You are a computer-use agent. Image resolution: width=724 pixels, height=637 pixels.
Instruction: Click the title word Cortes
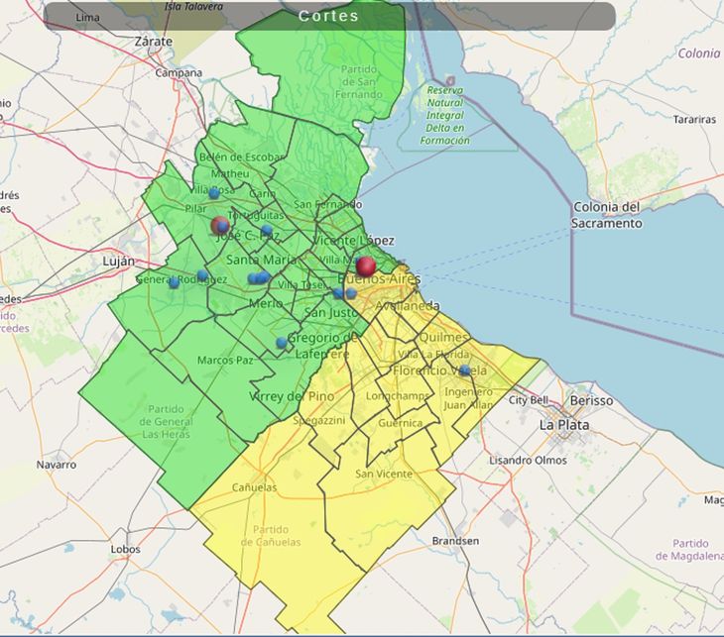328,16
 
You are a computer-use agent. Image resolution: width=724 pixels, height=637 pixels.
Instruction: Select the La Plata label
563,424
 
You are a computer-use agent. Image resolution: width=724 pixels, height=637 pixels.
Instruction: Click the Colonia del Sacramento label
606,215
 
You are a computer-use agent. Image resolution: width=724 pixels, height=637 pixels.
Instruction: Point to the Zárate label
153,42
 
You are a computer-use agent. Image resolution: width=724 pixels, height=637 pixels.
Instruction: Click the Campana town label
178,72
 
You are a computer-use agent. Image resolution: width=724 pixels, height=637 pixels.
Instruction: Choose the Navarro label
56,464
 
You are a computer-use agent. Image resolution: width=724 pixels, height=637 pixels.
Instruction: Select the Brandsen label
455,541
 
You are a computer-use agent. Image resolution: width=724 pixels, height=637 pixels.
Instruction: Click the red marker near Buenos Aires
366,265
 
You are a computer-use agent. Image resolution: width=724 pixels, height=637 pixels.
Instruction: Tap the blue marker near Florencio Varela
464,371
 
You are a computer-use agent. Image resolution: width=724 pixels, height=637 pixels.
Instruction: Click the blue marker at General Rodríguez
174,282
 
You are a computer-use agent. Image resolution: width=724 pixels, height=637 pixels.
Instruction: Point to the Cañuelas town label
254,487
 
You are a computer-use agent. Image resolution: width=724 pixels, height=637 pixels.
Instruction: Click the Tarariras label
693,119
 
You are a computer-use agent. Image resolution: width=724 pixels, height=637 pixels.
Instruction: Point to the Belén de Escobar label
241,157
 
